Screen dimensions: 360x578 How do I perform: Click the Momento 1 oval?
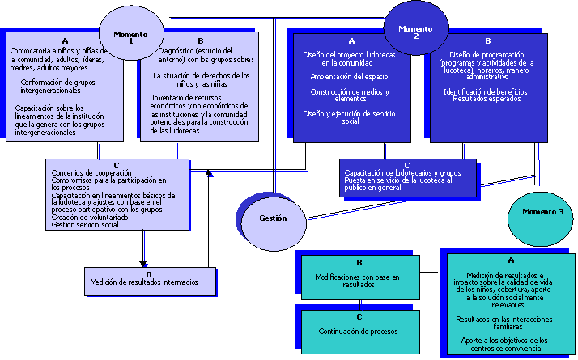(x=130, y=36)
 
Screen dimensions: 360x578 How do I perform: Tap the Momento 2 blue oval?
(x=415, y=31)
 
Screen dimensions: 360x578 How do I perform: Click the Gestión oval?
(x=273, y=218)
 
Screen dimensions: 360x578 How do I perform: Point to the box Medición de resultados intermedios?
(x=151, y=282)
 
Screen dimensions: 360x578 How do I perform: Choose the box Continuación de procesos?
(x=359, y=332)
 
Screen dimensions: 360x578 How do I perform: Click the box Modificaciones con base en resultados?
(x=359, y=280)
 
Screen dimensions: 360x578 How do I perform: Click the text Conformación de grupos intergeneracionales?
(x=62, y=87)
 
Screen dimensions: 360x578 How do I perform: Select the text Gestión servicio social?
(x=85, y=225)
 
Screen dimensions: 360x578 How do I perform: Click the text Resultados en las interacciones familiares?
(x=509, y=323)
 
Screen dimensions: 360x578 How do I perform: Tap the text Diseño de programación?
(x=486, y=54)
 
